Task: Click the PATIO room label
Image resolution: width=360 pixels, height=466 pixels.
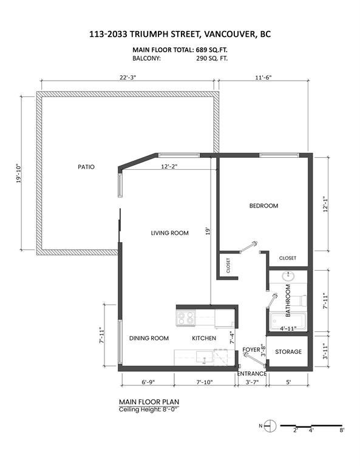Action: [86, 167]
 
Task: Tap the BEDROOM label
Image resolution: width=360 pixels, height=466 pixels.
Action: [263, 206]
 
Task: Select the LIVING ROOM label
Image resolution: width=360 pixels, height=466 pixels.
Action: [170, 233]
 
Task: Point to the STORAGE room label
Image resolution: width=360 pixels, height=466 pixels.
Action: [288, 351]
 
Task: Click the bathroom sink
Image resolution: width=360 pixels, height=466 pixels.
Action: [288, 276]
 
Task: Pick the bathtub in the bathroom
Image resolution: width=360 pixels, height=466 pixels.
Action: [288, 322]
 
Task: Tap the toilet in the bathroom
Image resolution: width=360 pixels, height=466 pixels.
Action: [301, 300]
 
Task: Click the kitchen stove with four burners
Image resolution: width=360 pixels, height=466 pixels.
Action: [186, 318]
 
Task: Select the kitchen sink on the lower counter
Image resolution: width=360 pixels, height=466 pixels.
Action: [205, 357]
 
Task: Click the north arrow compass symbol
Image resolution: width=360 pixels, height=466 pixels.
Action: [270, 426]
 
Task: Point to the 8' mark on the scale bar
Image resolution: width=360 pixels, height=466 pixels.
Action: [342, 430]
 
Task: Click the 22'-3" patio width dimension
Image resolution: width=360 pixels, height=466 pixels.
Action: [128, 77]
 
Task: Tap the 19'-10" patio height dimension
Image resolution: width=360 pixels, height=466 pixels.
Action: [19, 173]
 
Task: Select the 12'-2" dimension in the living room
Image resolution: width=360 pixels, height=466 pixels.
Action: [169, 167]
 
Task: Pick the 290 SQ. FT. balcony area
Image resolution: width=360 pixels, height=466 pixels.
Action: [212, 58]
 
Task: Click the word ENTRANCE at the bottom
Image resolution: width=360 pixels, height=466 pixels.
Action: [252, 374]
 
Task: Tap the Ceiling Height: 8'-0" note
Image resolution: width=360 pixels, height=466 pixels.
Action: [149, 410]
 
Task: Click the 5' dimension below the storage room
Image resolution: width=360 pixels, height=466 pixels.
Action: [288, 382]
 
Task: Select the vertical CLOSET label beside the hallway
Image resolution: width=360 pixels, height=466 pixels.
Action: [228, 265]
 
